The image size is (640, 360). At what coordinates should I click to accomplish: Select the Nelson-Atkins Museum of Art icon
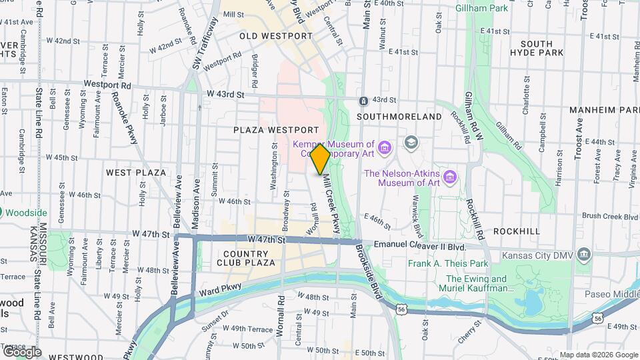(x=450, y=177)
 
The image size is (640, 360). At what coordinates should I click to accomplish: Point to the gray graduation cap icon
(x=411, y=142)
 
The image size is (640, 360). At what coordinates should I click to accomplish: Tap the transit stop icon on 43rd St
(x=363, y=101)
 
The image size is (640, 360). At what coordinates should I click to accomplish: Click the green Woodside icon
(x=2, y=213)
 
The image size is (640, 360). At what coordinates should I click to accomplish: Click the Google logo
(x=21, y=351)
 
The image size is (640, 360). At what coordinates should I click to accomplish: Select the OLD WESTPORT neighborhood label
(x=276, y=36)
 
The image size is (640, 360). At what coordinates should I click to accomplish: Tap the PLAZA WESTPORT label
(x=275, y=129)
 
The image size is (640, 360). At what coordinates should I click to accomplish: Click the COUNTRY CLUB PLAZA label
(x=246, y=258)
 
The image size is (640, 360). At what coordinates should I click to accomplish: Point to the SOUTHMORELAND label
(x=399, y=117)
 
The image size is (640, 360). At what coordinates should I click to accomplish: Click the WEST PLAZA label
(x=136, y=173)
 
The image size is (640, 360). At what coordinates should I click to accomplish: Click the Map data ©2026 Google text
(x=598, y=354)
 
